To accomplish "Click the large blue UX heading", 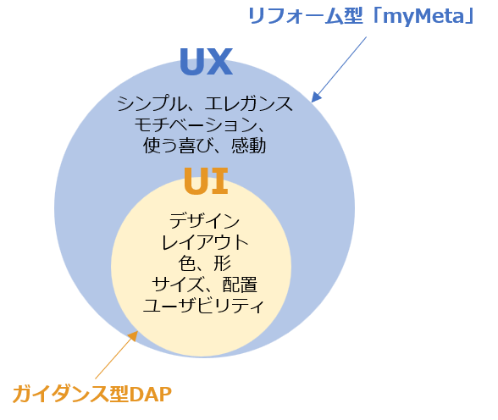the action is point(206,62).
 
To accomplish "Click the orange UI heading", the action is point(206,181).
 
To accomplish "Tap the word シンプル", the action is point(152,103).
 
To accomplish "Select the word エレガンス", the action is point(248,103).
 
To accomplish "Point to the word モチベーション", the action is point(196,124).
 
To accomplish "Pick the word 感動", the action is point(248,146).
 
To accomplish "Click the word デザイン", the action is point(205,221).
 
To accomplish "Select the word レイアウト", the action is point(205,242).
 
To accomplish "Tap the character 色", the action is point(187,263).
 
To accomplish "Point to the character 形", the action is point(222,263).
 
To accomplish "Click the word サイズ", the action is point(178,285).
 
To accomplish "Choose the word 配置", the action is point(240,285).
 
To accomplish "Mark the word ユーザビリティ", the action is point(203,306).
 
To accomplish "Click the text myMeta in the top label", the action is point(423,17).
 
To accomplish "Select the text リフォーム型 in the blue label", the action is point(306,16).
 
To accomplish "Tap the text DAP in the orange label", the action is point(150,394).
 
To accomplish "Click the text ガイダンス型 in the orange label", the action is point(70,394).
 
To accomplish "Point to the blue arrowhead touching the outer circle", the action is point(317,97).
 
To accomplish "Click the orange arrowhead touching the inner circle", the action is point(133,336).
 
